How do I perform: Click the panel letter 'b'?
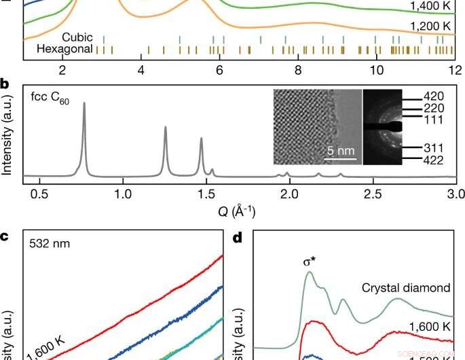pyautogui.click(x=5, y=85)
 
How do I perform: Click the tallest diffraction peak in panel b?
pyautogui.click(x=84, y=103)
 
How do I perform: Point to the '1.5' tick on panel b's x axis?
pyautogui.click(x=206, y=194)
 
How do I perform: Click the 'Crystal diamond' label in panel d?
pyautogui.click(x=413, y=288)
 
